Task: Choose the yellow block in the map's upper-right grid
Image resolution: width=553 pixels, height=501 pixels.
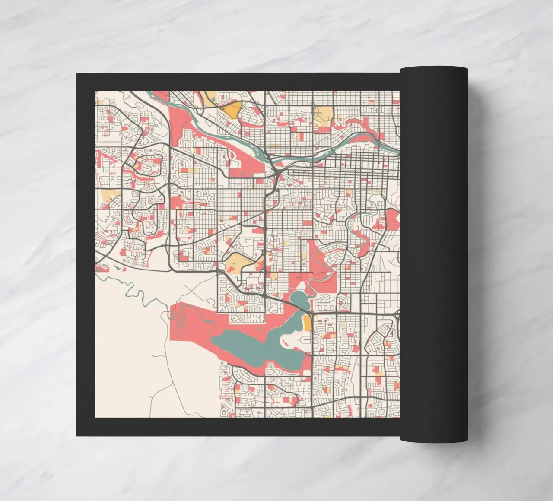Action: pyautogui.click(x=324, y=114)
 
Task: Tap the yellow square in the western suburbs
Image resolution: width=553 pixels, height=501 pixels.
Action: pyautogui.click(x=111, y=195)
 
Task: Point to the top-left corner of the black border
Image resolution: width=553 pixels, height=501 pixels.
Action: pyautogui.click(x=77, y=74)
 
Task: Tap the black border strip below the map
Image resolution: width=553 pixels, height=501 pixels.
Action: pyautogui.click(x=238, y=427)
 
